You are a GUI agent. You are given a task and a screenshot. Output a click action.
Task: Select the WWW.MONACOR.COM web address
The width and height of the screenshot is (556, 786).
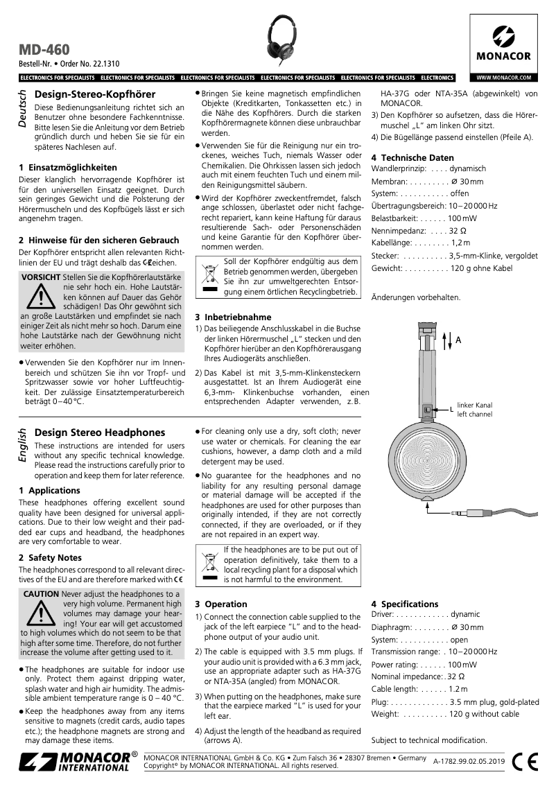click(504, 77)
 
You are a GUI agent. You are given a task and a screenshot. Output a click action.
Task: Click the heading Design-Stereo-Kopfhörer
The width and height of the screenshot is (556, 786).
click(95, 94)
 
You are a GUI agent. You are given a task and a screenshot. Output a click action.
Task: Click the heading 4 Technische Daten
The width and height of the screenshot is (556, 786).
click(412, 157)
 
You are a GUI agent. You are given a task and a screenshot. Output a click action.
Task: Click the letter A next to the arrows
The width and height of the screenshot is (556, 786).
click(458, 340)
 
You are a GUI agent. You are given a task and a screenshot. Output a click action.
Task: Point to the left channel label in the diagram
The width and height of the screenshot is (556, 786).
click(474, 410)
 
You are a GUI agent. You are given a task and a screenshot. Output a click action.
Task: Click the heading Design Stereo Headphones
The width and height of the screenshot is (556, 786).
click(100, 433)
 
